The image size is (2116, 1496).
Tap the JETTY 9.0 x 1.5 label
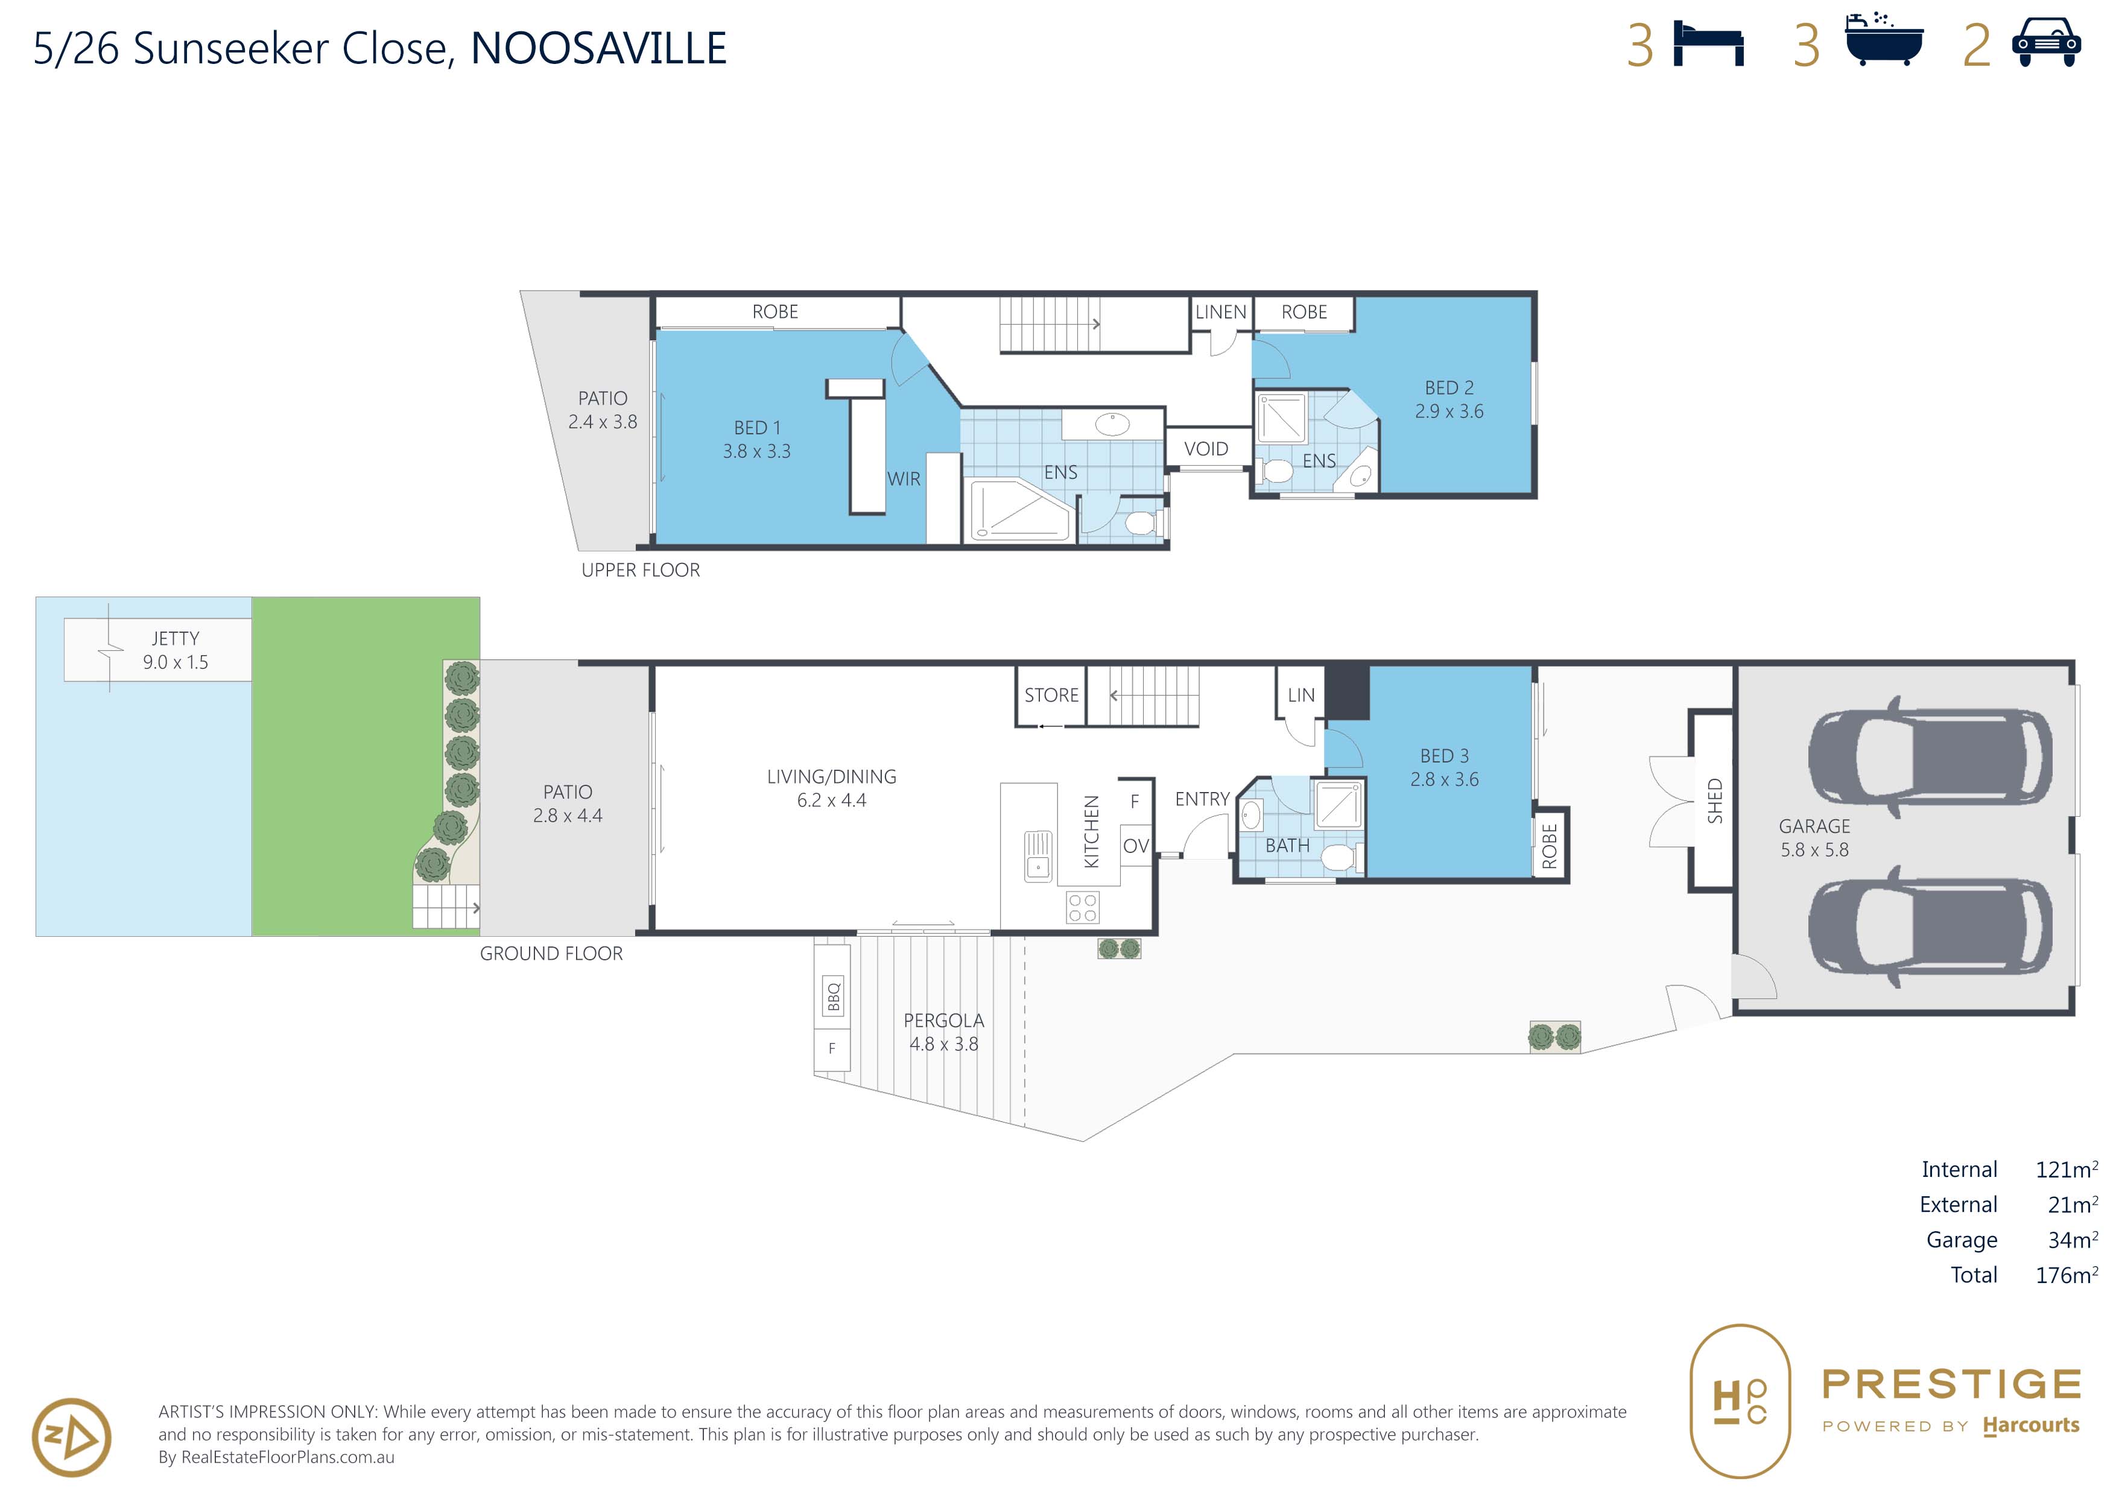(x=175, y=650)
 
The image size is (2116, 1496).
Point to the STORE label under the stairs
(x=1051, y=695)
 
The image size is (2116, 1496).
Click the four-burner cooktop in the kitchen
(x=1082, y=907)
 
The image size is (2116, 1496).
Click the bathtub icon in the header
(x=1884, y=40)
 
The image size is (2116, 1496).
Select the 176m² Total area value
(x=2066, y=1274)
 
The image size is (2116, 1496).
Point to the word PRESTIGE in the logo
(x=1951, y=1384)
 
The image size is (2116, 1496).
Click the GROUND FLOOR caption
(x=551, y=954)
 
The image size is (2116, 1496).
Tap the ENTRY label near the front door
(x=1202, y=799)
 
